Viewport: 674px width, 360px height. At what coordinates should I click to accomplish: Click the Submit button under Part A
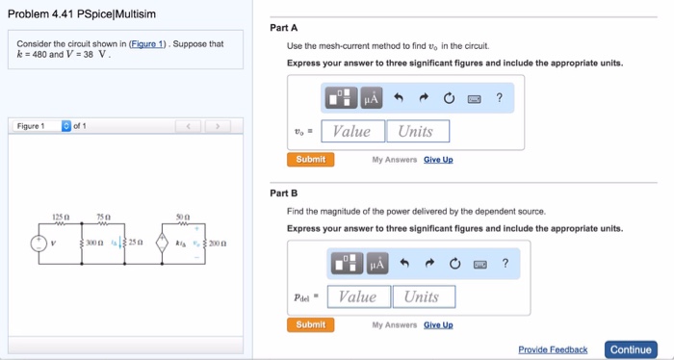(x=310, y=160)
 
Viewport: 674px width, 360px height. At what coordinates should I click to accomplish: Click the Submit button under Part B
(x=310, y=325)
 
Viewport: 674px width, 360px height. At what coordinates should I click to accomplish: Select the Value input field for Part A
(x=351, y=132)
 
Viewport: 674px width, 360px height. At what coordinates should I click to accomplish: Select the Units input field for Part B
(x=421, y=297)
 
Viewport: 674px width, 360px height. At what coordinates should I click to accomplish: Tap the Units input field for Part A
(x=416, y=132)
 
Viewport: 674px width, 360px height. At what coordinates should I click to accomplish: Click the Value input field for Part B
(x=357, y=297)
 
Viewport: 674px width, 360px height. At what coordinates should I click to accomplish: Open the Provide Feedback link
(x=553, y=349)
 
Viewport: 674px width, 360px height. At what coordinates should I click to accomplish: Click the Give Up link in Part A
(x=438, y=160)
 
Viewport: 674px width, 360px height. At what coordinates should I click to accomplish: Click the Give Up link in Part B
(x=438, y=325)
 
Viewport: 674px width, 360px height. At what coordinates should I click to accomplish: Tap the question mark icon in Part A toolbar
(x=499, y=98)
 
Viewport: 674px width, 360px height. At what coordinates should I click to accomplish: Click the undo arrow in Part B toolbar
(x=405, y=264)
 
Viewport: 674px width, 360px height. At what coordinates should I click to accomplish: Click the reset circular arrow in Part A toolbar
(x=449, y=98)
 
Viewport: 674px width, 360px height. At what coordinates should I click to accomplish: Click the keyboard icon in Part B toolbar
(x=480, y=264)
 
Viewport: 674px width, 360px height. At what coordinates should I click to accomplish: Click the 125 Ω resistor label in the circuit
(x=60, y=217)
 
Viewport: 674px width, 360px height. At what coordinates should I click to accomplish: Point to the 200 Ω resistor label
(x=217, y=244)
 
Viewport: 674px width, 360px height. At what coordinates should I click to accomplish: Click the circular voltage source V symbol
(x=39, y=243)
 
